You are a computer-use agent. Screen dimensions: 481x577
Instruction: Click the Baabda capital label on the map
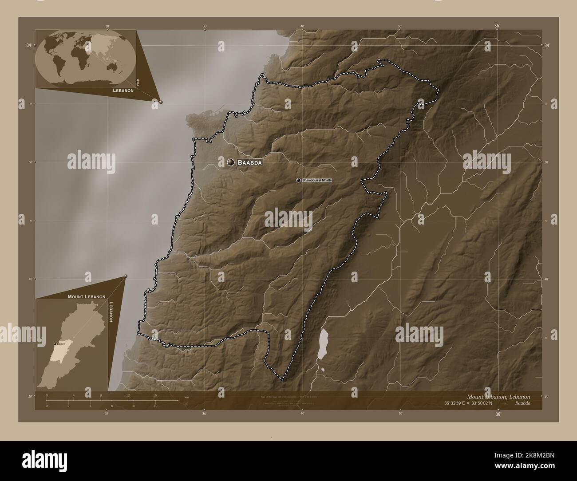(249, 163)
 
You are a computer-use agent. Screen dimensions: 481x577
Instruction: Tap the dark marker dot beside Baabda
(231, 163)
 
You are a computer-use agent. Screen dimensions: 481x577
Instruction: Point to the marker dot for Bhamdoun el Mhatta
(298, 180)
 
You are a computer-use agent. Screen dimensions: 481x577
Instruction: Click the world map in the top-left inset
(85, 58)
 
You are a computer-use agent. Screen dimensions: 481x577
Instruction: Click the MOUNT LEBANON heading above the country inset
(86, 296)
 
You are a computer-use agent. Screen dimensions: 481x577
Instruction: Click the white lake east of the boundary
(322, 344)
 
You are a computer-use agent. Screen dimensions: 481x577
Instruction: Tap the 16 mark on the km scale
(155, 395)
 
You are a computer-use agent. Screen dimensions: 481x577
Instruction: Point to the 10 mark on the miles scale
(155, 406)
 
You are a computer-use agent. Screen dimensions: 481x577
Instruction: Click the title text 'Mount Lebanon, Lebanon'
(498, 396)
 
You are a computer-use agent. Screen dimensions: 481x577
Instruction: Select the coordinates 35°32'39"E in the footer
(458, 403)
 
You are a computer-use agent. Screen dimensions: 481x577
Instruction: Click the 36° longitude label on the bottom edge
(498, 414)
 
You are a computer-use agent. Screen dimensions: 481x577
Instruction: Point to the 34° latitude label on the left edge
(29, 45)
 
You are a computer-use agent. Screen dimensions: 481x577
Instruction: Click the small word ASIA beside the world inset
(138, 82)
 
